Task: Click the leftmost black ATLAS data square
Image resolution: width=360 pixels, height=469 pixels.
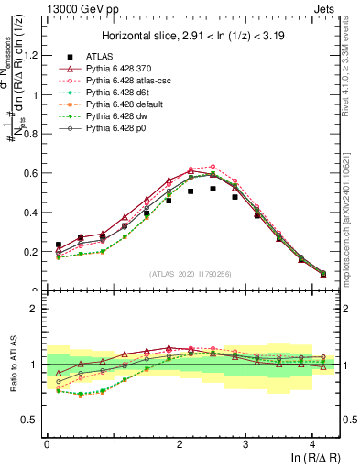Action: point(59,245)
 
